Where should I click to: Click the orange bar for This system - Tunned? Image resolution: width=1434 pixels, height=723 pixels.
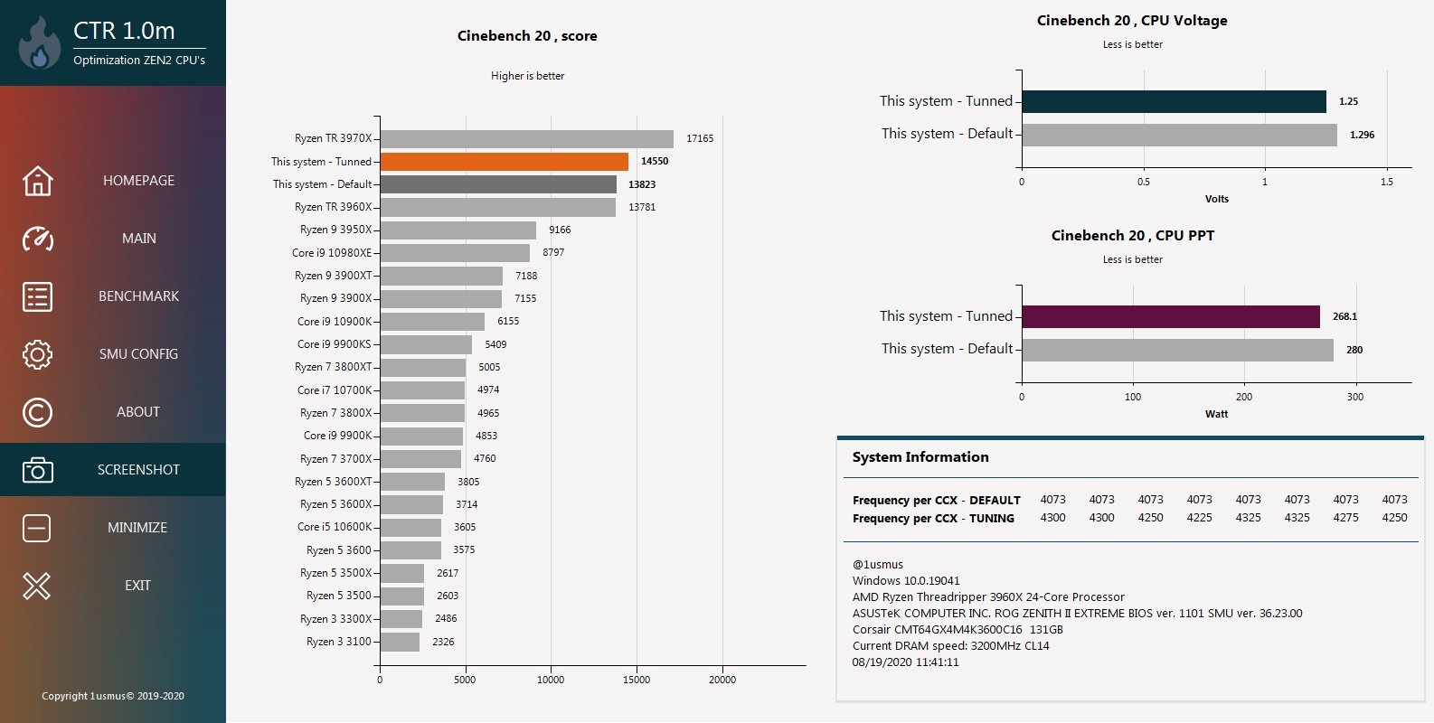pyautogui.click(x=504, y=162)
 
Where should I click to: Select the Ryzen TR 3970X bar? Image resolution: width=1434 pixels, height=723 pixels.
pyautogui.click(x=526, y=138)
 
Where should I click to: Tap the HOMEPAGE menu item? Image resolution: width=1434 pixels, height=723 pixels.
pyautogui.click(x=138, y=181)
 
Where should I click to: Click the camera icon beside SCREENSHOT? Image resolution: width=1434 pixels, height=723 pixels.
pyautogui.click(x=37, y=470)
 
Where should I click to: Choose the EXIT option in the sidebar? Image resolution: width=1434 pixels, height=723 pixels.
pyautogui.click(x=137, y=586)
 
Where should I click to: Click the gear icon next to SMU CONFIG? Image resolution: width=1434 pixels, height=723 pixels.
pyautogui.click(x=37, y=354)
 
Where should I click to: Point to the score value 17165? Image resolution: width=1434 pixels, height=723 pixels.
pyautogui.click(x=700, y=138)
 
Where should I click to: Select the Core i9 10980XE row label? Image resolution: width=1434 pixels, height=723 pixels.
pyautogui.click(x=331, y=253)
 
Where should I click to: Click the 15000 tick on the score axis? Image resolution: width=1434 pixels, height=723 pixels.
pyautogui.click(x=637, y=680)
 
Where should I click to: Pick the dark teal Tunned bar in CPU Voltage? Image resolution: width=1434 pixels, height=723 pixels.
pyautogui.click(x=1174, y=101)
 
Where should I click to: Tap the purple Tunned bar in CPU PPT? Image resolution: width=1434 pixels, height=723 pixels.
pyautogui.click(x=1171, y=316)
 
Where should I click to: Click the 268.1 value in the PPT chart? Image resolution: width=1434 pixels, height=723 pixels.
pyautogui.click(x=1344, y=316)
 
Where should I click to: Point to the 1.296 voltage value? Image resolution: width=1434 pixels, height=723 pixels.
pyautogui.click(x=1362, y=135)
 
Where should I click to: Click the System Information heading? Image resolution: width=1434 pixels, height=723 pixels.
pyautogui.click(x=920, y=457)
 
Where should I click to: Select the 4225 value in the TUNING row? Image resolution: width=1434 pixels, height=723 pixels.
pyautogui.click(x=1199, y=518)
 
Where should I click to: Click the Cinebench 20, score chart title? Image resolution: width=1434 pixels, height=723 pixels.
pyautogui.click(x=527, y=36)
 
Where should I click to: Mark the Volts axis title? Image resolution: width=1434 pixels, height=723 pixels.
pyautogui.click(x=1216, y=199)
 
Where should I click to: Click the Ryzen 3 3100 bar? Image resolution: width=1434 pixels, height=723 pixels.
pyautogui.click(x=399, y=642)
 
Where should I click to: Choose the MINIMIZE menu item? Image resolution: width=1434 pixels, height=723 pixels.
pyautogui.click(x=137, y=528)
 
